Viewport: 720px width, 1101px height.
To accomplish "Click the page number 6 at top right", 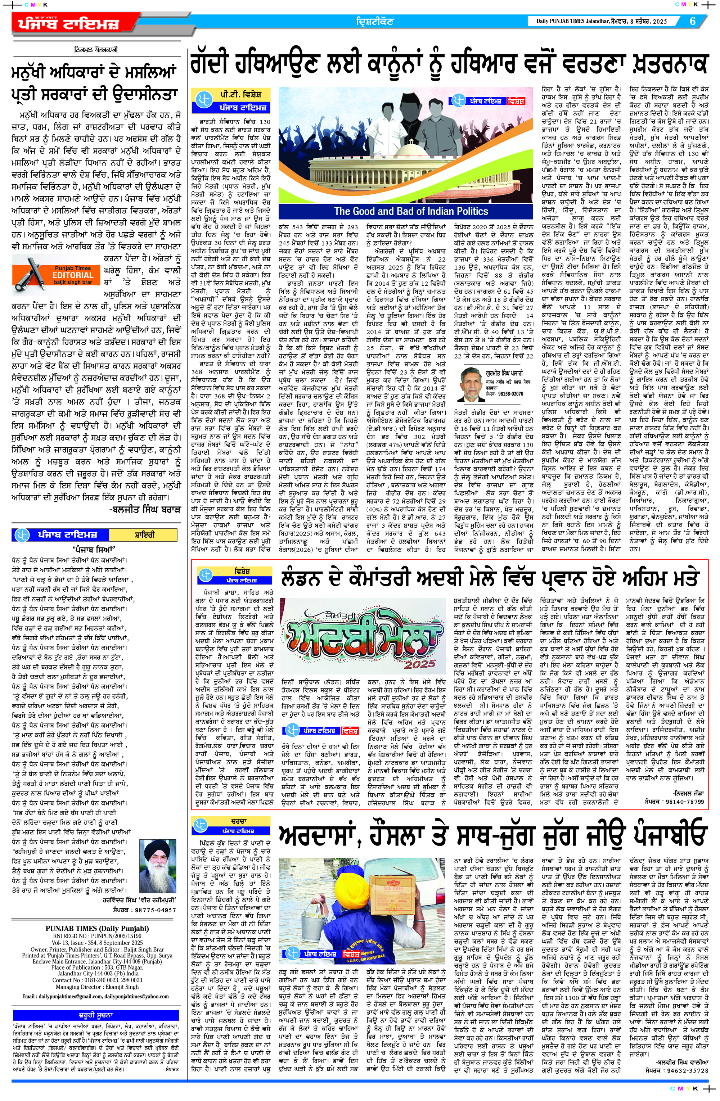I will click(x=693, y=21).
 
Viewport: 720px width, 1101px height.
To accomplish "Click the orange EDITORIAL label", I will click(x=73, y=275).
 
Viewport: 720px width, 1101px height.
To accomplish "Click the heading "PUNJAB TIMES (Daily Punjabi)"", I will click(x=97, y=928).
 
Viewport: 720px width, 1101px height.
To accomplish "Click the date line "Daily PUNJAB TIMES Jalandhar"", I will click(x=576, y=21).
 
